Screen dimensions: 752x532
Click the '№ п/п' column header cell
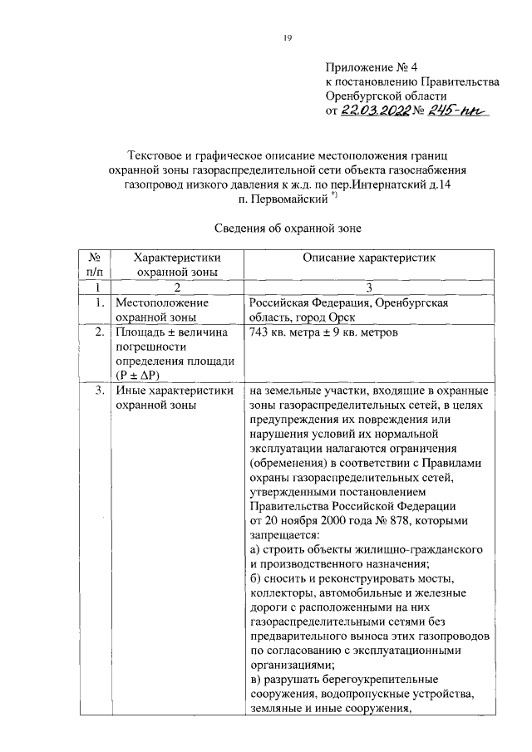tap(94, 265)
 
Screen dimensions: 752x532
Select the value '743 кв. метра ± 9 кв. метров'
tap(324, 333)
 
